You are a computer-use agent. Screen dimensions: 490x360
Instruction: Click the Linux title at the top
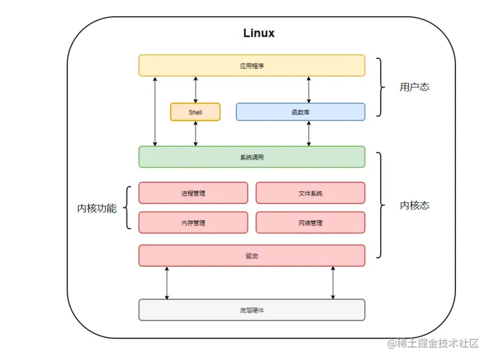pos(259,33)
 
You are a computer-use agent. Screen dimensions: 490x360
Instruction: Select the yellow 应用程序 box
pos(252,66)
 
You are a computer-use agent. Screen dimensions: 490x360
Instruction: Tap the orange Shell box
pos(195,112)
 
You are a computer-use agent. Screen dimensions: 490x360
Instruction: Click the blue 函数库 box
pos(301,112)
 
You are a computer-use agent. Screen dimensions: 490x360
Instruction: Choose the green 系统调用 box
pos(252,157)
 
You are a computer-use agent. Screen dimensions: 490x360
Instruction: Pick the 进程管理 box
pos(193,193)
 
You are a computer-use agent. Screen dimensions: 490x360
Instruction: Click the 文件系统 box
pos(311,193)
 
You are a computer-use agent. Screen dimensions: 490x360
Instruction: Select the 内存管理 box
pos(193,223)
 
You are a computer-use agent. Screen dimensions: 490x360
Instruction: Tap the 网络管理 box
pos(311,223)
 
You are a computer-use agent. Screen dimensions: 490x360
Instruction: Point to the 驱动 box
pos(252,256)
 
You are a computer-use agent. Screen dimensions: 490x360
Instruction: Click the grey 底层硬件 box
pos(252,310)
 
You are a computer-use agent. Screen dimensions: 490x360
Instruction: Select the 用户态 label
pos(414,87)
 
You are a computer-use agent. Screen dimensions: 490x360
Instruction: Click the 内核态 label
pos(414,205)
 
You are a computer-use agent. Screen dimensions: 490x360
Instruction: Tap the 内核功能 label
pos(97,208)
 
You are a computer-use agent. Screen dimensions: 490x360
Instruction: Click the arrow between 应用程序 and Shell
pos(195,90)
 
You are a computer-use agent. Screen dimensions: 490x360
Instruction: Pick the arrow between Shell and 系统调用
pos(195,133)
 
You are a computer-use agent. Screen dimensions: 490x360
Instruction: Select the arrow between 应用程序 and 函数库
pos(309,90)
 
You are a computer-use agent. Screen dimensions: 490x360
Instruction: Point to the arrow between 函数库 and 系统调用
pos(309,133)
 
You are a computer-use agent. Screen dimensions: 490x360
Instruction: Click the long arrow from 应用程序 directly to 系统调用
pos(155,111)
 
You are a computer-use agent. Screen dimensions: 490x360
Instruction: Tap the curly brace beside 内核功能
pos(127,207)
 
